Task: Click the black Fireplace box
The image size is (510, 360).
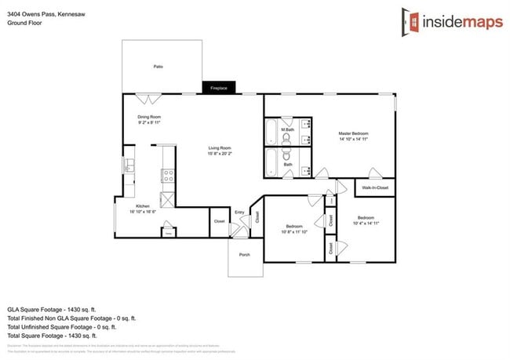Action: [219, 89]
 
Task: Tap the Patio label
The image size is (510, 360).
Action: [158, 67]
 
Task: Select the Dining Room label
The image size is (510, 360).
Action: [149, 117]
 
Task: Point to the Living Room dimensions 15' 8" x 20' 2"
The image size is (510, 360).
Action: [220, 153]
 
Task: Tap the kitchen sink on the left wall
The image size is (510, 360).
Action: [128, 165]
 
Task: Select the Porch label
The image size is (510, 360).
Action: [244, 254]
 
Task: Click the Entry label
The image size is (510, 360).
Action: [239, 213]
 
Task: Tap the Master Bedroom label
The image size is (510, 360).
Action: [353, 133]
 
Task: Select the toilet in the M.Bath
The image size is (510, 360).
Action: [286, 138]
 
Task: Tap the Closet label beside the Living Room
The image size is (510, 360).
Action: [219, 221]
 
